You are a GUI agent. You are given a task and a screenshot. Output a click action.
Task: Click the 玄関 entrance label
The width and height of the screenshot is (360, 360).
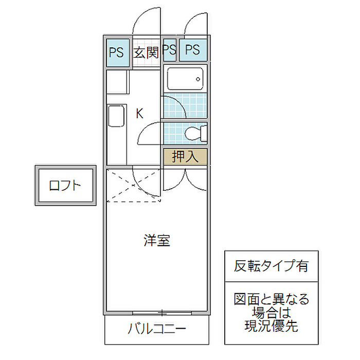[146, 52]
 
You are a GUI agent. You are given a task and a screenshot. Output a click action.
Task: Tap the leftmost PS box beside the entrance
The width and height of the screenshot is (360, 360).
[118, 53]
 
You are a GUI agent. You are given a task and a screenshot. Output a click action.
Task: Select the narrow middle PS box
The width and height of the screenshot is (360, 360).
[170, 50]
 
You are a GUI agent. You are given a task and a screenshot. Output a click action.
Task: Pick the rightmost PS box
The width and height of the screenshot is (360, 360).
[193, 50]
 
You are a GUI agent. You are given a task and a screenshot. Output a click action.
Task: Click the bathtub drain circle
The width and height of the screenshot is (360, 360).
[198, 79]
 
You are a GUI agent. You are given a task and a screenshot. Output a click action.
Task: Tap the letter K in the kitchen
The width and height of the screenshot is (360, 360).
[139, 114]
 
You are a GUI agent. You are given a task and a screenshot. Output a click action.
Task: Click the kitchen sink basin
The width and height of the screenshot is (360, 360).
[116, 116]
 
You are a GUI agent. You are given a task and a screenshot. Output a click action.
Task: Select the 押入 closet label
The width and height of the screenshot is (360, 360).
[185, 156]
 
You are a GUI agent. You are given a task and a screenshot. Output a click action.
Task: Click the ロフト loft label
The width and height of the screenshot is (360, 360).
[65, 186]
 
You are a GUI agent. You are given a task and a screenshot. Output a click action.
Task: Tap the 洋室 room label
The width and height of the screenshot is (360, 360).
[157, 241]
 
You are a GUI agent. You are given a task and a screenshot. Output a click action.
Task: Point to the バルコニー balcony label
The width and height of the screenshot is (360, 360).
[156, 329]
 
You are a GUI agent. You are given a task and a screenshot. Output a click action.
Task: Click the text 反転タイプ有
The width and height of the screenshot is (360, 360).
[271, 266]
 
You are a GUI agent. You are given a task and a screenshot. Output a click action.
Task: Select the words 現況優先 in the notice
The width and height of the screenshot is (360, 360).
[271, 326]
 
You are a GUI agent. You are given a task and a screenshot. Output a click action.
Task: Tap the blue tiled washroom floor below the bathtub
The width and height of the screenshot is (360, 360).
[185, 105]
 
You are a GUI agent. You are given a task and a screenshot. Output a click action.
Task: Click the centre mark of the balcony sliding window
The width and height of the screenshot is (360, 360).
[163, 313]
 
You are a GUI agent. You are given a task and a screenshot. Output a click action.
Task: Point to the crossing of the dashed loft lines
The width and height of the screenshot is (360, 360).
[133, 185]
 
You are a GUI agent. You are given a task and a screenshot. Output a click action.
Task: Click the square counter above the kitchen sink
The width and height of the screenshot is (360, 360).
[117, 82]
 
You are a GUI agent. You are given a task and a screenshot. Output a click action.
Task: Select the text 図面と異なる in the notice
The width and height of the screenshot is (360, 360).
[272, 299]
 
